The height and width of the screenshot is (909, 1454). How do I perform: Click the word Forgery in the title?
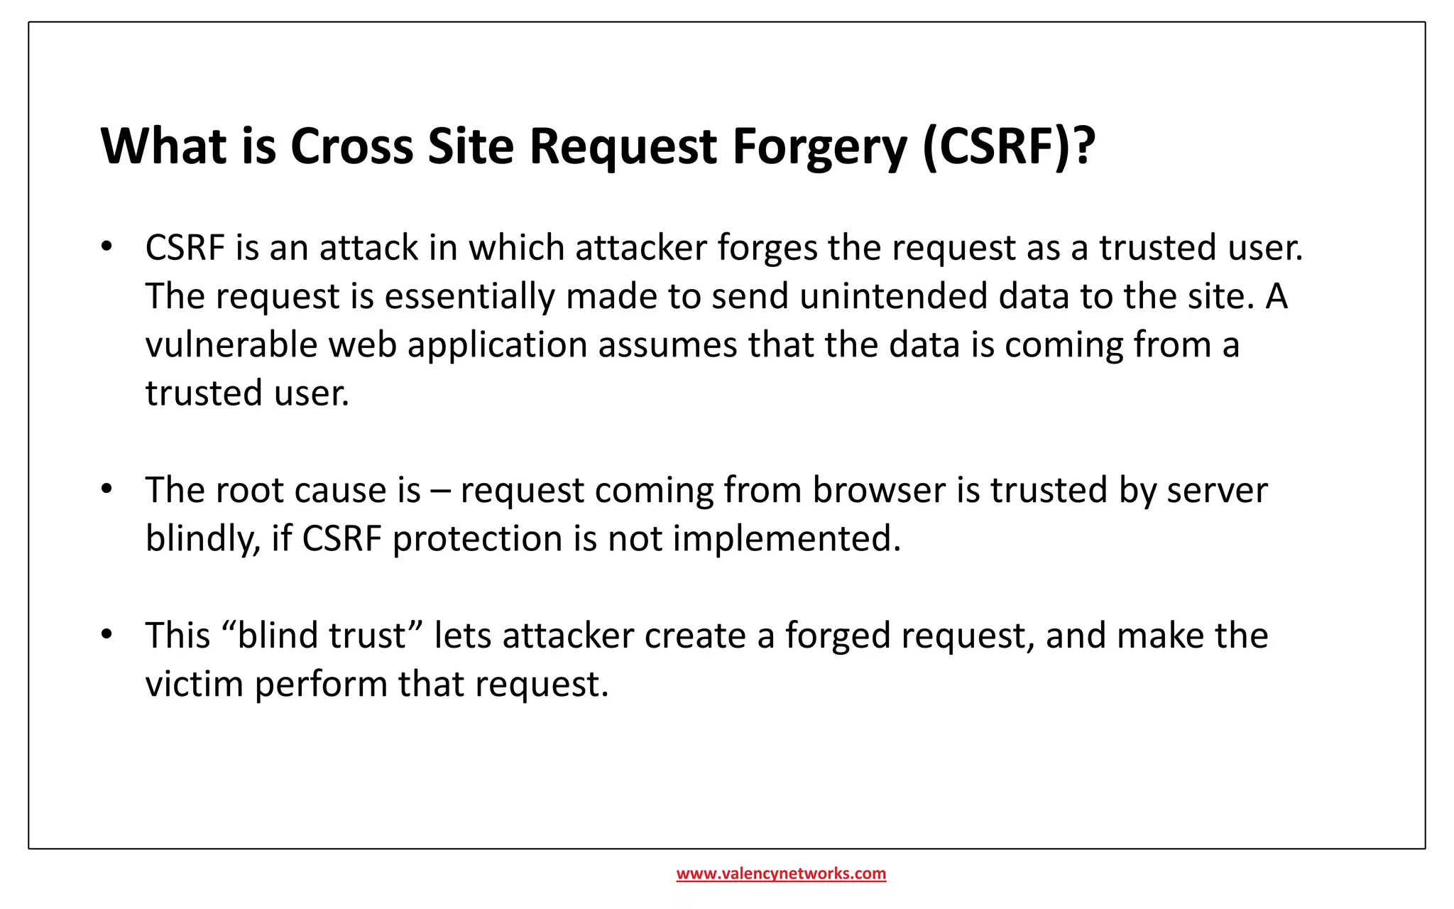click(819, 147)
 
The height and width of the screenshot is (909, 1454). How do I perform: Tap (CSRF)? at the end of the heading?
click(1009, 147)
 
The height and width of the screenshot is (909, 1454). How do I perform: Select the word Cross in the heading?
click(351, 147)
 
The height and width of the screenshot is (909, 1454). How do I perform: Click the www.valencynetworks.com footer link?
click(781, 873)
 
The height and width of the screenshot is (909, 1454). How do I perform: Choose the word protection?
click(477, 540)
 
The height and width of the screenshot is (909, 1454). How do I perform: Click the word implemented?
click(787, 540)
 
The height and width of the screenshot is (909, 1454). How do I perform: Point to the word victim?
click(195, 685)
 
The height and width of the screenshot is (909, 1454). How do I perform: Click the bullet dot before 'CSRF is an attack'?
click(106, 247)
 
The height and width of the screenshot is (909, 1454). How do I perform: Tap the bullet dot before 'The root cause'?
click(106, 489)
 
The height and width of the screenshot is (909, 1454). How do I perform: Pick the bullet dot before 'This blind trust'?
click(106, 634)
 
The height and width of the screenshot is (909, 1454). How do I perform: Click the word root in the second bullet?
click(248, 491)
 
